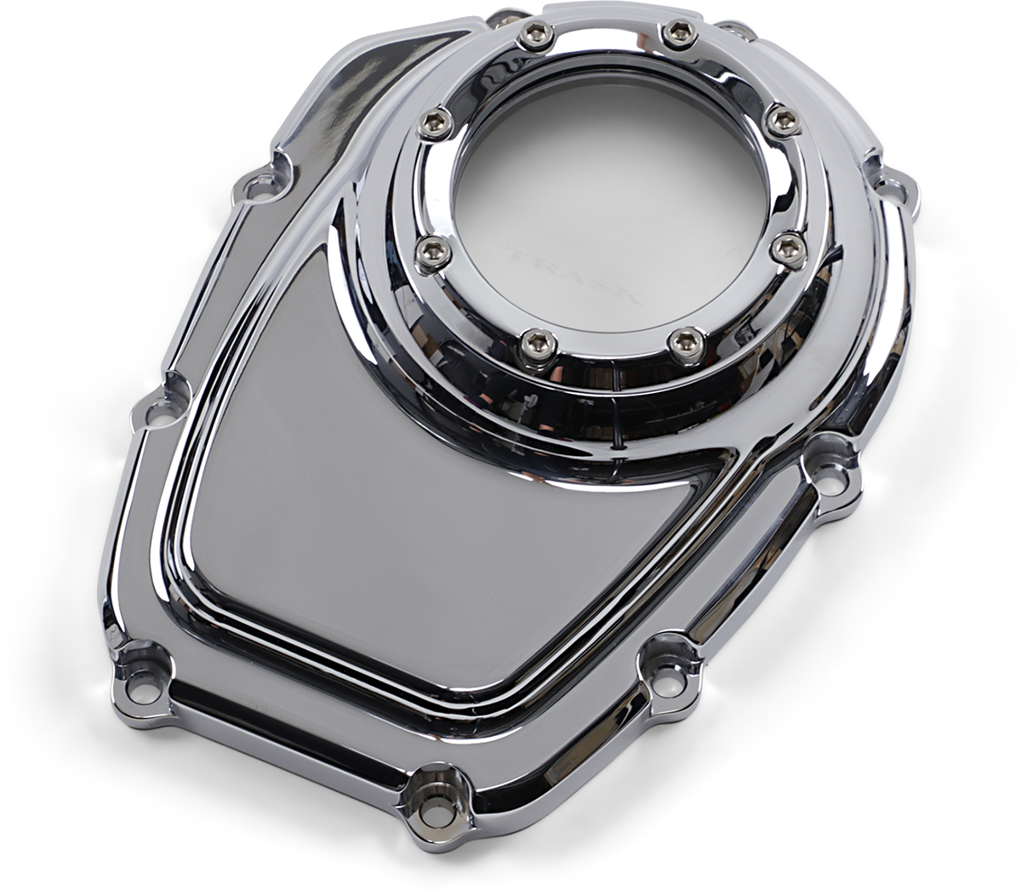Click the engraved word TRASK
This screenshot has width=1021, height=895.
[x=574, y=274]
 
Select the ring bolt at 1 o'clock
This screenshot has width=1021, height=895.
[x=676, y=33]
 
